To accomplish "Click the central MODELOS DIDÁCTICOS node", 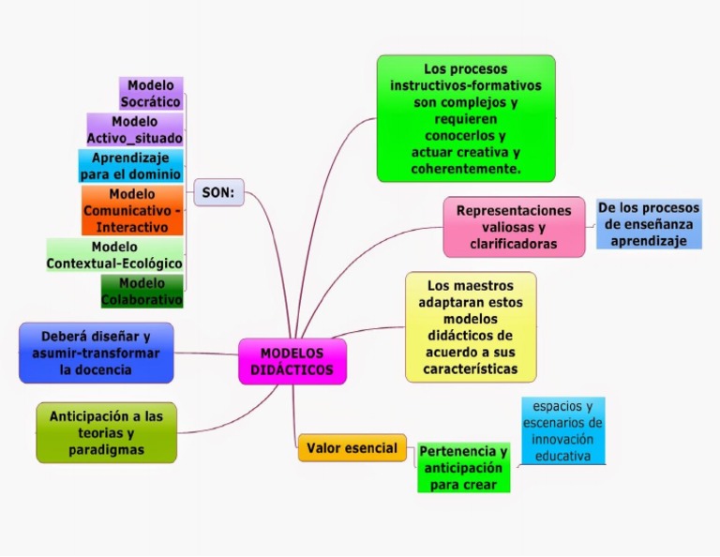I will (x=292, y=362).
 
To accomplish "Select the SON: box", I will (x=218, y=193).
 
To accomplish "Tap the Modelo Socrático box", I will (x=151, y=94).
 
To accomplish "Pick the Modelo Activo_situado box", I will (x=135, y=130).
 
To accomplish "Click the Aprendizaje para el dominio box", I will (x=130, y=166).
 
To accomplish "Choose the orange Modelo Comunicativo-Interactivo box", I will (x=132, y=210).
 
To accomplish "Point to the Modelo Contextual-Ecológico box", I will (x=114, y=255).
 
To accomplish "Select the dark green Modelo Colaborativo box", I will (x=142, y=291).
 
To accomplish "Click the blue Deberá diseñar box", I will (x=96, y=353).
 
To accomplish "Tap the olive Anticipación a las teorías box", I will (x=106, y=432).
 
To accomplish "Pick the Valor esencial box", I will (x=352, y=448).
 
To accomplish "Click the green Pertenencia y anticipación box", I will (x=464, y=468).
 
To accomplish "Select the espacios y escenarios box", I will (x=562, y=431).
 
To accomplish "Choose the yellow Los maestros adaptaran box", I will (x=471, y=326).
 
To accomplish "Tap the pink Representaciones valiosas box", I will (x=514, y=227).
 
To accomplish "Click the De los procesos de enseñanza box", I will (x=649, y=224).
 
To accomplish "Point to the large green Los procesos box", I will (x=466, y=118).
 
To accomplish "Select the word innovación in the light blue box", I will (x=562, y=441).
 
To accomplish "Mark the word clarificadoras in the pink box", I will (x=514, y=244).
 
